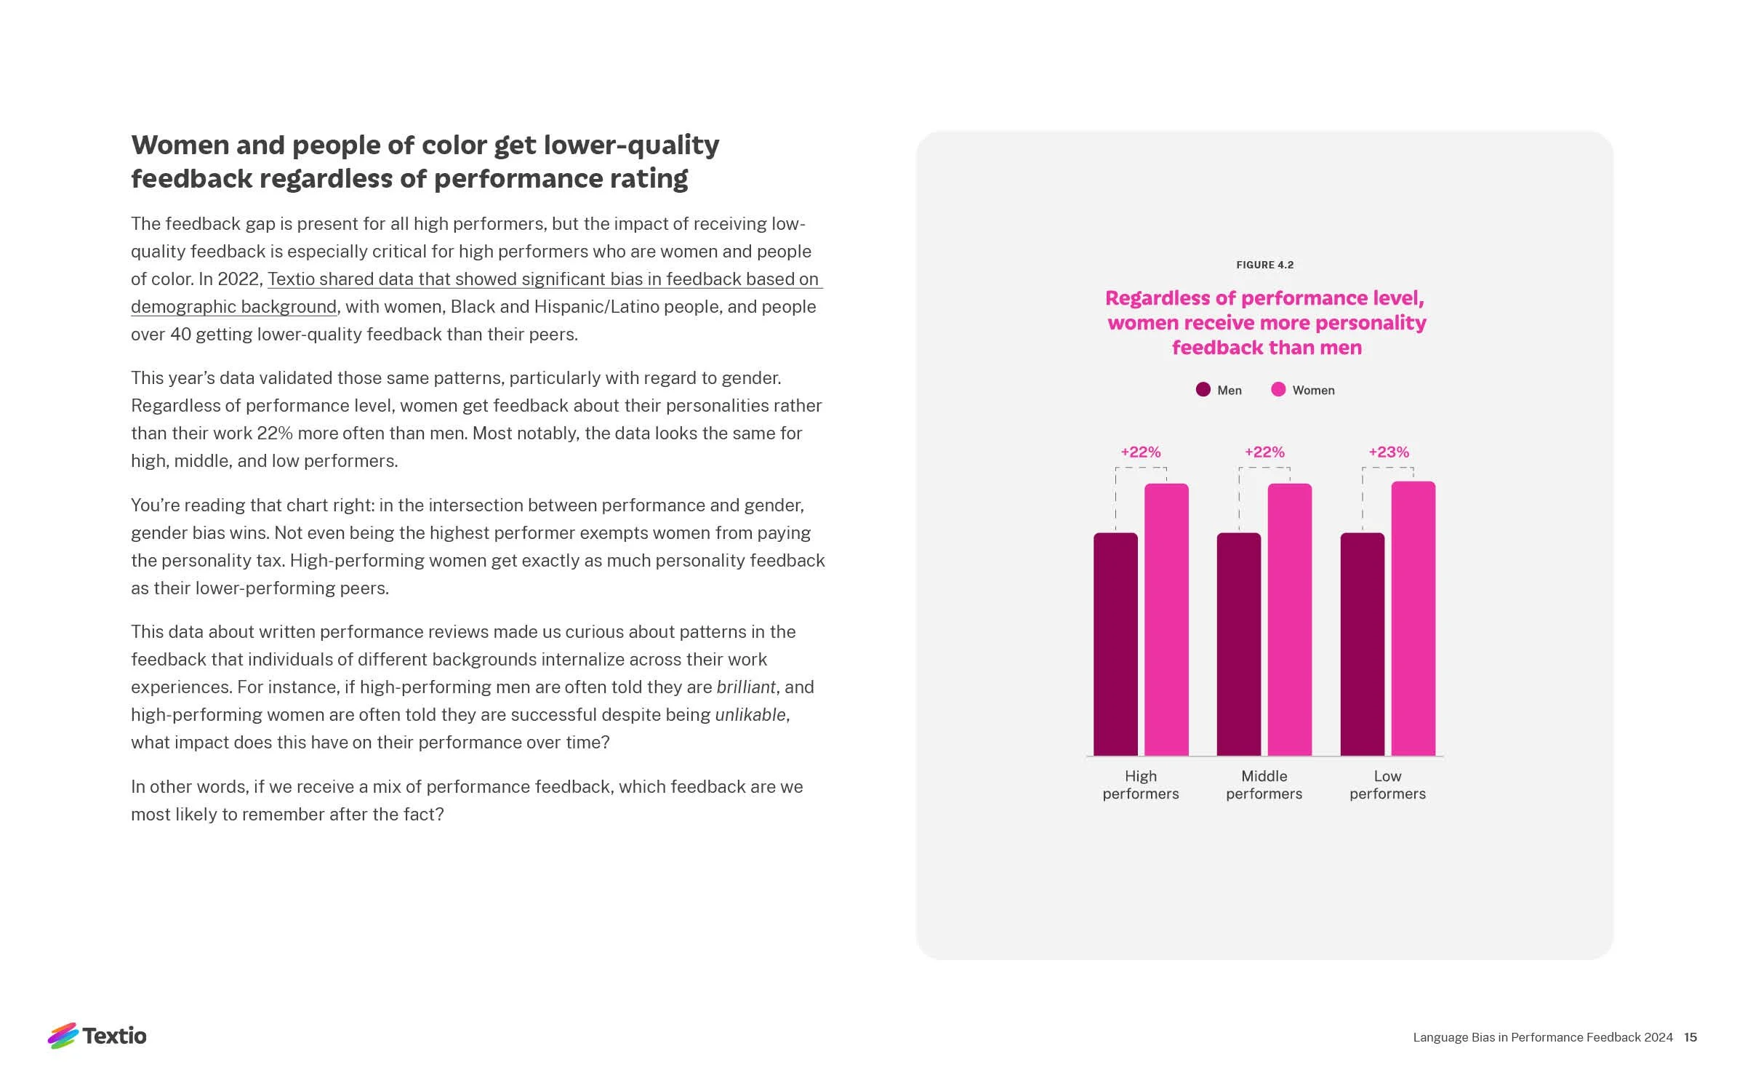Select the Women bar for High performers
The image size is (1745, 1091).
[x=1166, y=620]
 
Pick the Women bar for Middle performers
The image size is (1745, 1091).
[x=1290, y=620]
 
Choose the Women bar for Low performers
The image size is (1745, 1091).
[x=1413, y=619]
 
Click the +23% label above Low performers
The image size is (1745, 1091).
[x=1389, y=452]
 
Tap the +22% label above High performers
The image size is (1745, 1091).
[x=1141, y=452]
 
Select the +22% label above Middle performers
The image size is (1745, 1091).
[x=1264, y=452]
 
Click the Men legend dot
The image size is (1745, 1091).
[x=1203, y=390]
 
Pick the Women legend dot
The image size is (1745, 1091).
[x=1278, y=390]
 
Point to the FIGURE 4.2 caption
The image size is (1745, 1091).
[x=1265, y=265]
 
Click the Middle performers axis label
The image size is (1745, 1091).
[x=1264, y=785]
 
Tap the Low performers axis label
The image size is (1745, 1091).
[x=1387, y=785]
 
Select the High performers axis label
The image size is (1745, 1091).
[x=1141, y=785]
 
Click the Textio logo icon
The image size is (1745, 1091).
[x=63, y=1036]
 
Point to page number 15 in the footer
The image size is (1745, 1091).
[x=1690, y=1037]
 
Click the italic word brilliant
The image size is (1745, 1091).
[x=746, y=687]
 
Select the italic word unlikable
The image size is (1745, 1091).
[x=750, y=715]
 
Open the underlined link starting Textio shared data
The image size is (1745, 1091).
[x=543, y=280]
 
